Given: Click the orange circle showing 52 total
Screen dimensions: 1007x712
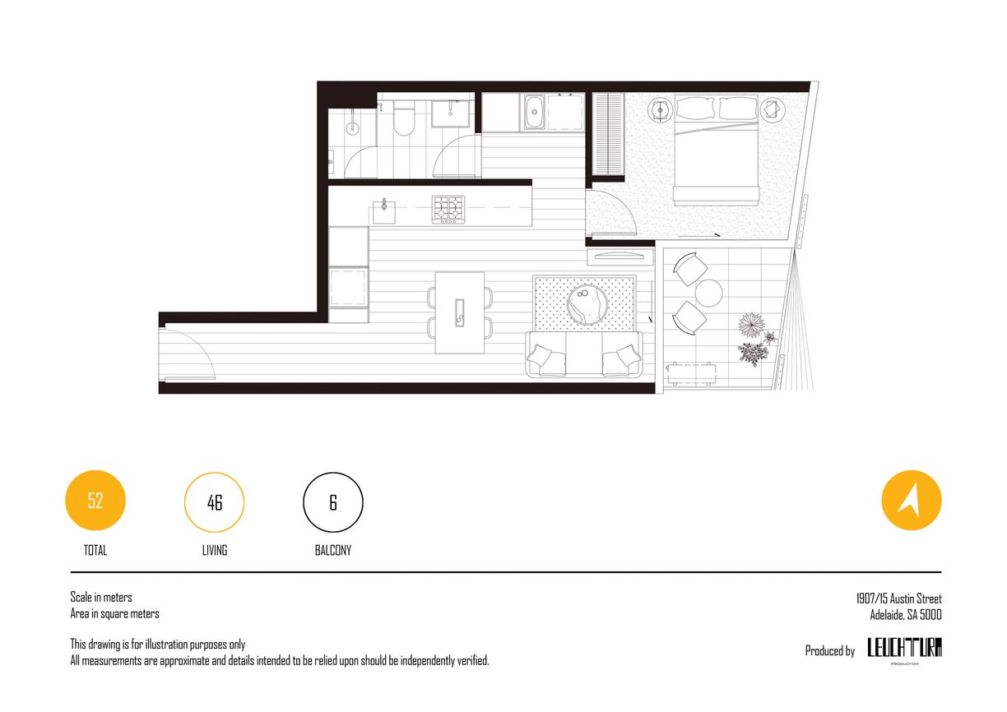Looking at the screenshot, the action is tap(95, 501).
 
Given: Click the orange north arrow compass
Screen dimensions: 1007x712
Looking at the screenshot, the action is tap(912, 501).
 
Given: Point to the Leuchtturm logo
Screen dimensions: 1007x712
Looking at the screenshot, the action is tap(904, 649).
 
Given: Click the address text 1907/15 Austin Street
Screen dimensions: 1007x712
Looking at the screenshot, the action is tap(898, 599).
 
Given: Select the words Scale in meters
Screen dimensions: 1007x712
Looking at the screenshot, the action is tap(101, 597).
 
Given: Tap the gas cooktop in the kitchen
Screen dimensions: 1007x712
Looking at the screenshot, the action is tap(448, 210).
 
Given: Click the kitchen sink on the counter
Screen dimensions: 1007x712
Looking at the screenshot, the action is tap(384, 212).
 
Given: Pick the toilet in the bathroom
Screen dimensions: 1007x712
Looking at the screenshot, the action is tap(404, 118).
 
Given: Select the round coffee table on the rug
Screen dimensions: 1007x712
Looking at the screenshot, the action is tap(587, 304).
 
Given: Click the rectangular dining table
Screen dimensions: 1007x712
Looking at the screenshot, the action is tap(459, 312).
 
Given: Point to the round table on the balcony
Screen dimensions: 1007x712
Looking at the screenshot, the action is tap(708, 293).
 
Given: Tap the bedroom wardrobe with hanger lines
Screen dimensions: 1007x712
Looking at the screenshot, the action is tap(608, 133).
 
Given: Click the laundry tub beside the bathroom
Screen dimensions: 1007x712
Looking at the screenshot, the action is tap(535, 112).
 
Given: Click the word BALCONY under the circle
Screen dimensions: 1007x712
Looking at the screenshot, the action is tap(333, 550).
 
